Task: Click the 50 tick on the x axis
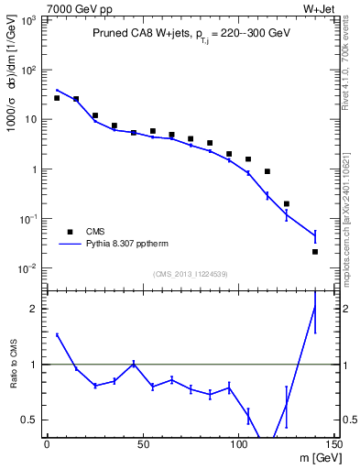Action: coord(142,444)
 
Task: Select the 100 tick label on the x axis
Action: coord(238,444)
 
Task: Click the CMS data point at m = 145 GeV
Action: coord(315,251)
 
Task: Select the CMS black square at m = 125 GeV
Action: coord(286,203)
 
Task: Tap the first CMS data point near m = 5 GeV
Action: coord(57,98)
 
